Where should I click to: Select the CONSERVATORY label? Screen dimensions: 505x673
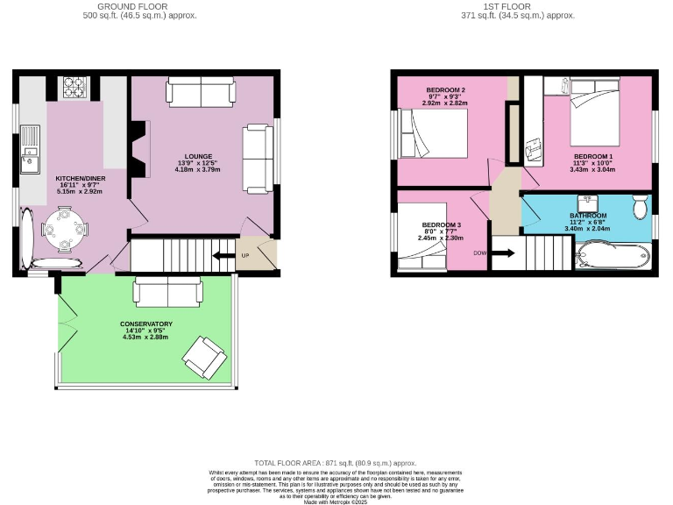(146, 324)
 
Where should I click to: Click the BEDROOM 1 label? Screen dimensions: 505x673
(593, 157)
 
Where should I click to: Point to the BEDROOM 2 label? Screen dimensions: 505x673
(445, 90)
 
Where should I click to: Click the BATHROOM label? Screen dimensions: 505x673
(588, 216)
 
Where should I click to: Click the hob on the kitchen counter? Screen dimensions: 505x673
(74, 87)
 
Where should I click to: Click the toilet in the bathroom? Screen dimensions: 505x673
(639, 206)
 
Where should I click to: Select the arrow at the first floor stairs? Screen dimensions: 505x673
(503, 254)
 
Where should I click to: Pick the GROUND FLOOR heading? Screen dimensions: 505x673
(139, 6)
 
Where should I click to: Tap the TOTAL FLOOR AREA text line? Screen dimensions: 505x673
(335, 462)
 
